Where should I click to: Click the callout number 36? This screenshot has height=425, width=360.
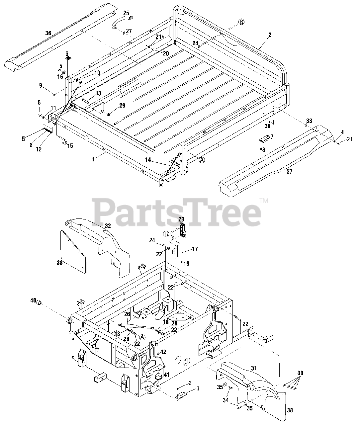pos(48,33)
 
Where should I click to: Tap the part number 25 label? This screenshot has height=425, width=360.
pos(126,13)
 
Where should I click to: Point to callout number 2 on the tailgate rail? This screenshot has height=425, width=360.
pos(270,35)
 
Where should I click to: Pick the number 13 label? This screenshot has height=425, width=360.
pos(98,93)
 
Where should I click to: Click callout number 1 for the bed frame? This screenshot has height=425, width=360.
pos(93,159)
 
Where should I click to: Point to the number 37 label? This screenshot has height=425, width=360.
pos(290,172)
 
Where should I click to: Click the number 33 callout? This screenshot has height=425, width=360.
pos(309,121)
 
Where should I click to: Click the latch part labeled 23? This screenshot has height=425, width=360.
pos(182,230)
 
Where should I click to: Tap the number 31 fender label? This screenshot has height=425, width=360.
pos(254,368)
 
